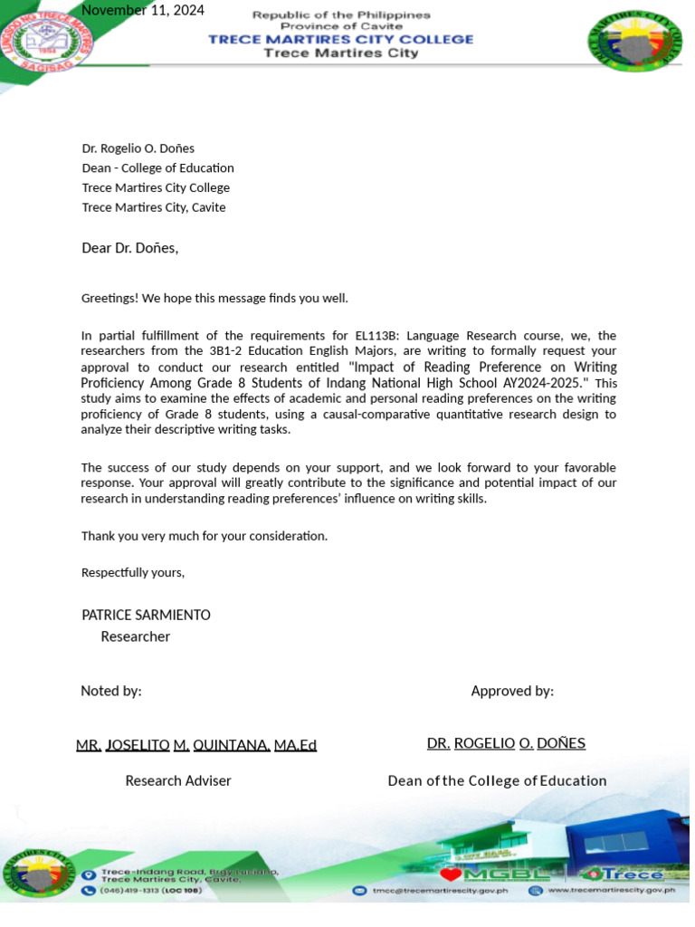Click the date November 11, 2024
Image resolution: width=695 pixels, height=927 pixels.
[143, 11]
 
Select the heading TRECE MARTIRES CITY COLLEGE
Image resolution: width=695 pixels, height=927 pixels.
[341, 39]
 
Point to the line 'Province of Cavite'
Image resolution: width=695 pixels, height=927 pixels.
[341, 27]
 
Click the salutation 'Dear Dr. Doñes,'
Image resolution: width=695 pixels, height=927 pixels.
[130, 248]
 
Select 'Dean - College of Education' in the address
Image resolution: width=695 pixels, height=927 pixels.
[157, 168]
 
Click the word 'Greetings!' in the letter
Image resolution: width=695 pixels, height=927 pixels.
[109, 298]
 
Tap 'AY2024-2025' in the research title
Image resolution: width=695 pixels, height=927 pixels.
[542, 383]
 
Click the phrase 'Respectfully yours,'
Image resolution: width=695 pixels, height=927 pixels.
[133, 572]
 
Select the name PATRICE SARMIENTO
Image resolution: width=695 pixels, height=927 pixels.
[146, 615]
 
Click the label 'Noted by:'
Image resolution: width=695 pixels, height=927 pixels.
[111, 691]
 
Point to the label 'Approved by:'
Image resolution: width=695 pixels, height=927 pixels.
[512, 691]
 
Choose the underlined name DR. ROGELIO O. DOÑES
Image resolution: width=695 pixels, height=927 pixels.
[506, 743]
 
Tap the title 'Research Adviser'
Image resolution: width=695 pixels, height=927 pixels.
[178, 780]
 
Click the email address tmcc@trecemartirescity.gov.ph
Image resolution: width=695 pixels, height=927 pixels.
[441, 891]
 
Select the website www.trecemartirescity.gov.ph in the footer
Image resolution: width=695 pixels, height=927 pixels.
[611, 891]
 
